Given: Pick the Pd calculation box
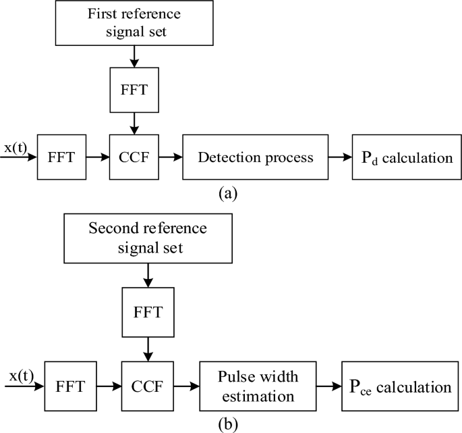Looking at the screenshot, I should (x=402, y=158).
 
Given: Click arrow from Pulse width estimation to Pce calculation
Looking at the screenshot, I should (x=329, y=388).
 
